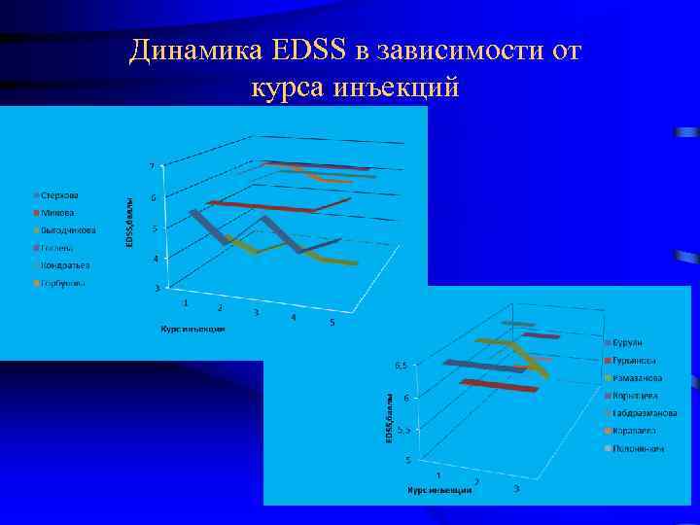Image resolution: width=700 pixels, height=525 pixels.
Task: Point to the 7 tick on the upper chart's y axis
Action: click(x=150, y=166)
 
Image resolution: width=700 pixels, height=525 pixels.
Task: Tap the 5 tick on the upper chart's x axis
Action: click(x=332, y=323)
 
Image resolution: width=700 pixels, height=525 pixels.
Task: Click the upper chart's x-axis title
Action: click(x=192, y=329)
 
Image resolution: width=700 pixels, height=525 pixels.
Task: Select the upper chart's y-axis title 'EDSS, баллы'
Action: click(x=130, y=223)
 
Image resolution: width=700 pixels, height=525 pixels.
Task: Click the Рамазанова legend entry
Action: click(x=637, y=377)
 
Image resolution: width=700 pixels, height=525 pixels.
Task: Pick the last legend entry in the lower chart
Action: click(x=638, y=448)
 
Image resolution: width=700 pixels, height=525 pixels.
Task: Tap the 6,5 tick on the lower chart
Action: click(x=400, y=367)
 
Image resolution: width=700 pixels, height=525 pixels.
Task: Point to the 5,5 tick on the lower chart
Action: click(x=400, y=429)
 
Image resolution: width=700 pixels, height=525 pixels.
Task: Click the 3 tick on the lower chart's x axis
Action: click(x=516, y=487)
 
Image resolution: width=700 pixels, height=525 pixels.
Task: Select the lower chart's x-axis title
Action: click(x=439, y=491)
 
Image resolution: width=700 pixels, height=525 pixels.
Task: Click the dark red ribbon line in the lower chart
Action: click(x=501, y=386)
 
